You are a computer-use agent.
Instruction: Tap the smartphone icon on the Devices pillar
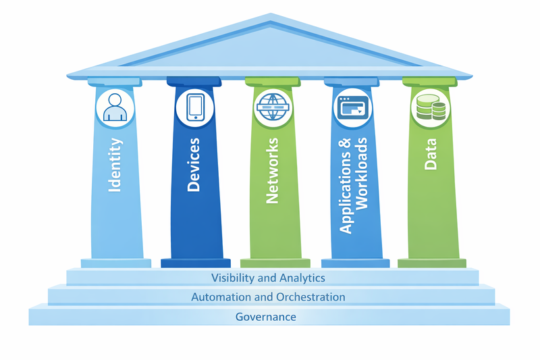pyautogui.click(x=196, y=107)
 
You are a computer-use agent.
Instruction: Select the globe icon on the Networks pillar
pyautogui.click(x=273, y=107)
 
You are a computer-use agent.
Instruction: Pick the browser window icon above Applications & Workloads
pyautogui.click(x=353, y=107)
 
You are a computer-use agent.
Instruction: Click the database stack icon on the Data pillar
pyautogui.click(x=430, y=107)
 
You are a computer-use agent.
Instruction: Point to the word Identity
pyautogui.click(x=115, y=165)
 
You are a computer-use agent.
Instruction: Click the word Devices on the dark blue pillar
pyautogui.click(x=194, y=165)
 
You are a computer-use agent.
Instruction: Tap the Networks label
pyautogui.click(x=273, y=171)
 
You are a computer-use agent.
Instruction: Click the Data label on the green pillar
pyautogui.click(x=430, y=154)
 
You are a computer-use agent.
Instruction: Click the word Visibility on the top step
pyautogui.click(x=234, y=278)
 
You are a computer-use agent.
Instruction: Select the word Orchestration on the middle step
pyautogui.click(x=304, y=297)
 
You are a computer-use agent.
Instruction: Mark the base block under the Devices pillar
pyautogui.click(x=195, y=263)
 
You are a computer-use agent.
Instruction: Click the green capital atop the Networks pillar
pyautogui.click(x=273, y=82)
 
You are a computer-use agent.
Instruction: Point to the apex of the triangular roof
pyautogui.click(x=270, y=15)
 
